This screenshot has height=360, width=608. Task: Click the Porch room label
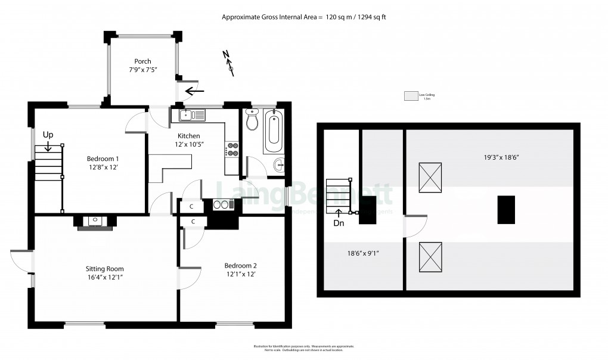[142, 61]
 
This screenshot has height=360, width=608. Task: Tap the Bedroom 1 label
[103, 159]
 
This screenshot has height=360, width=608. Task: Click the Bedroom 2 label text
[240, 265]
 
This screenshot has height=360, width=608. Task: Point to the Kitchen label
[188, 136]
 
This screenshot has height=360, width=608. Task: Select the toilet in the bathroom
[251, 120]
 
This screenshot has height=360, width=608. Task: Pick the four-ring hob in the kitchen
[232, 149]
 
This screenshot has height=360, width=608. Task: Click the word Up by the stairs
[47, 135]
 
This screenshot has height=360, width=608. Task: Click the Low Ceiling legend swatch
[411, 95]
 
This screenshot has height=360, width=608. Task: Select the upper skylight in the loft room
[430, 178]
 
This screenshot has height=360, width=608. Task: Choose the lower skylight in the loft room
[430, 257]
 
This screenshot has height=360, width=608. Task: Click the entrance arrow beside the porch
[195, 91]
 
